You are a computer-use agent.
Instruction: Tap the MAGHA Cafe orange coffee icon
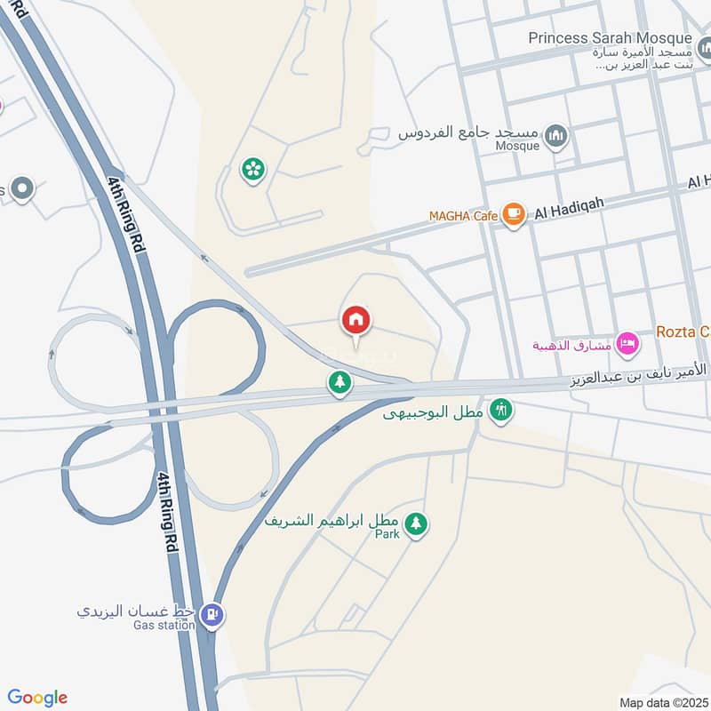click(513, 214)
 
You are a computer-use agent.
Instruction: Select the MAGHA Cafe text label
click(462, 216)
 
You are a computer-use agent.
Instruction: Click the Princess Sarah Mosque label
click(610, 38)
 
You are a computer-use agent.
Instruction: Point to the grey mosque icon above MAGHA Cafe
click(556, 136)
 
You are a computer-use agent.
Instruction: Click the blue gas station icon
click(212, 613)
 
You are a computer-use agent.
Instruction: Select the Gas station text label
click(165, 626)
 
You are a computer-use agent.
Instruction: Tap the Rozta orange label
click(683, 332)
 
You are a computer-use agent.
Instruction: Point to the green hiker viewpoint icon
click(501, 411)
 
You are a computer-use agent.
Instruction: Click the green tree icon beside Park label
click(415, 524)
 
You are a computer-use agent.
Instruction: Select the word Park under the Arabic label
click(387, 534)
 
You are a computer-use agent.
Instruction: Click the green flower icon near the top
click(253, 169)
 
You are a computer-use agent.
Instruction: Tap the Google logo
click(37, 698)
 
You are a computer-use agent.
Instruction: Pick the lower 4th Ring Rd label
click(165, 513)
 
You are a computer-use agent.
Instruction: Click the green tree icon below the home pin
click(340, 383)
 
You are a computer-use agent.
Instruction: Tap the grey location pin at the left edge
click(21, 188)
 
